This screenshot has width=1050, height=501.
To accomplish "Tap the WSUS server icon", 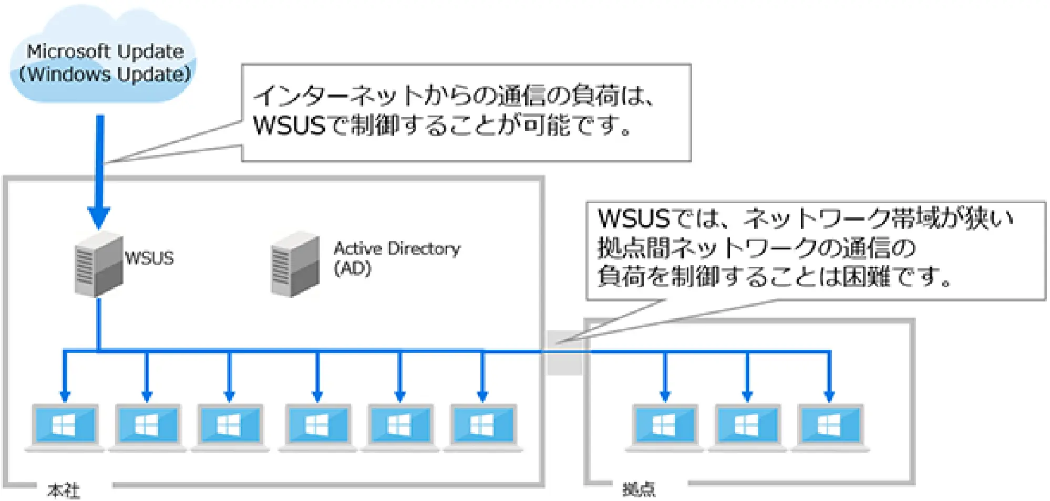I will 98,264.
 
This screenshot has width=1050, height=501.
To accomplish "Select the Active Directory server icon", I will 295,264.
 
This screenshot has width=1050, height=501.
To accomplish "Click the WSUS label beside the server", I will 149,258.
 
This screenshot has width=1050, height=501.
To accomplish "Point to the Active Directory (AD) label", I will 396,257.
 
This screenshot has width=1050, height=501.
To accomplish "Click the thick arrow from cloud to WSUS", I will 99,168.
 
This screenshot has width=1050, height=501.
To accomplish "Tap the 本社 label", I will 64,490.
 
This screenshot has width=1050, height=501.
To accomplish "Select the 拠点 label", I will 639,489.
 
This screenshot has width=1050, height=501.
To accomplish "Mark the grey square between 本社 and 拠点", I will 564,353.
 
